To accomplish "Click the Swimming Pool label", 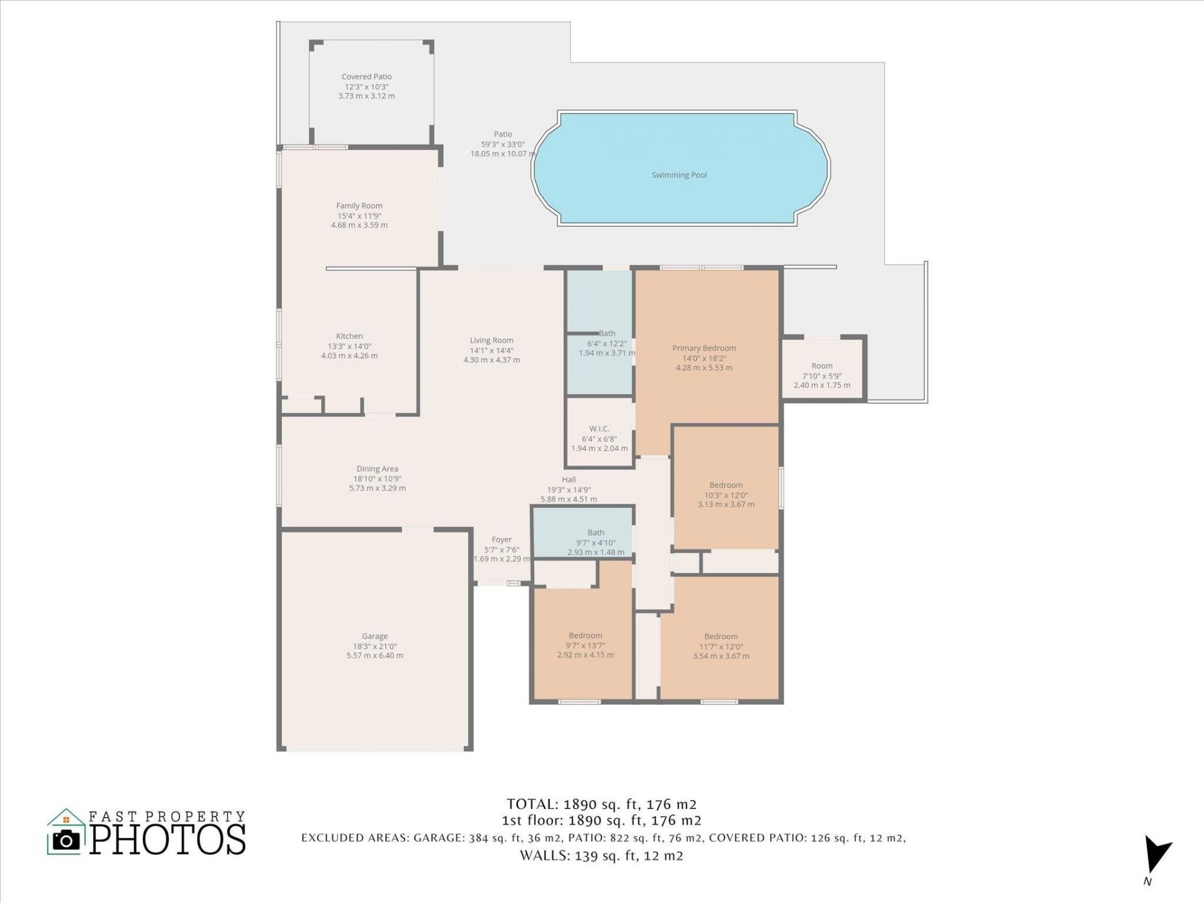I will (679, 175).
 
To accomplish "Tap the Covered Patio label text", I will (367, 77).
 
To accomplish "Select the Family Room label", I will (359, 206).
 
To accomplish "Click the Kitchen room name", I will (349, 336).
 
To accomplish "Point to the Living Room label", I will (492, 341).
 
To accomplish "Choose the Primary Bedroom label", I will (704, 348).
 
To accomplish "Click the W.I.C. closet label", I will (599, 429).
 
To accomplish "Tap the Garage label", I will (374, 636).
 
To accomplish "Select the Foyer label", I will (502, 539).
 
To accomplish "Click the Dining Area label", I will (377, 468).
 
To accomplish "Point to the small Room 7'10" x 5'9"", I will (821, 366).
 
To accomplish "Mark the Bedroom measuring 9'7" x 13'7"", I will (585, 635).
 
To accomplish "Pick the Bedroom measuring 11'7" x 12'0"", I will (721, 636).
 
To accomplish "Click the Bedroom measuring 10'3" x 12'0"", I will (726, 485).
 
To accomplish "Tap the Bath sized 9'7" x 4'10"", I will (596, 532).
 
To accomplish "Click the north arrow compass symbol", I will (1155, 855).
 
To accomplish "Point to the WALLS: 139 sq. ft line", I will (601, 855).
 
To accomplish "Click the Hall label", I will (569, 480).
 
